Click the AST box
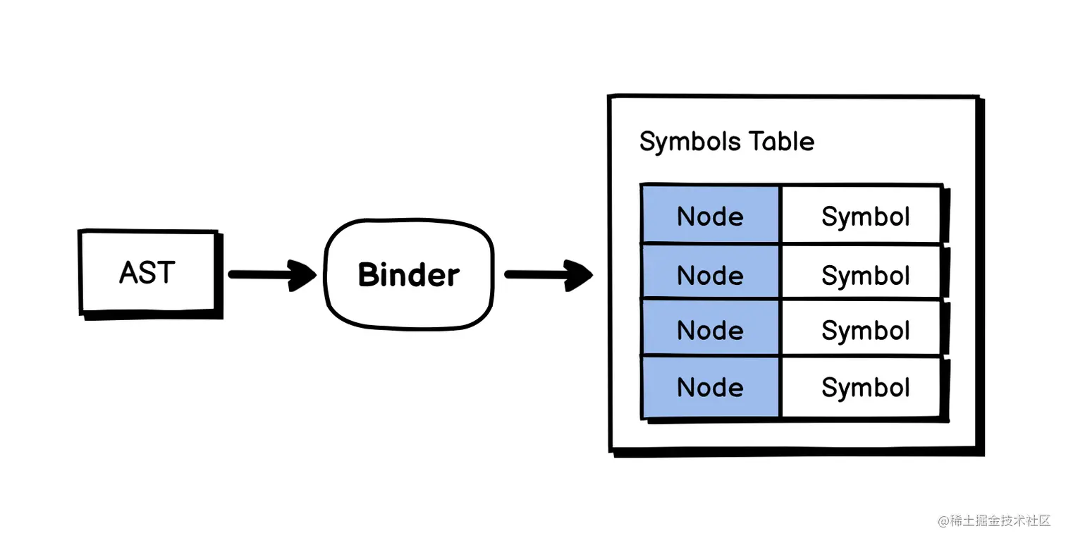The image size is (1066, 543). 148,272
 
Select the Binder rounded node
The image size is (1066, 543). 408,274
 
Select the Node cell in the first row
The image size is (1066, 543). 710,216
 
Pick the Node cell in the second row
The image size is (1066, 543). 710,275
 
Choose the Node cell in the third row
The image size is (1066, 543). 710,330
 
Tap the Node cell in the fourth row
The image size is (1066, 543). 710,387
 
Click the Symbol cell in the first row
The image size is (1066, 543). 865,216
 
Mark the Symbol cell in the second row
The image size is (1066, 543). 865,275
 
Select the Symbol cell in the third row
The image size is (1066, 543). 865,330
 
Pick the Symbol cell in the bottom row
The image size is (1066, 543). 865,387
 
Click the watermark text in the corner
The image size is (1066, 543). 994,521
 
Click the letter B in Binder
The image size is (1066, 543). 369,274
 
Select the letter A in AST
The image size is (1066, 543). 128,273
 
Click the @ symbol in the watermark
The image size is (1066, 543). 943,521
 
